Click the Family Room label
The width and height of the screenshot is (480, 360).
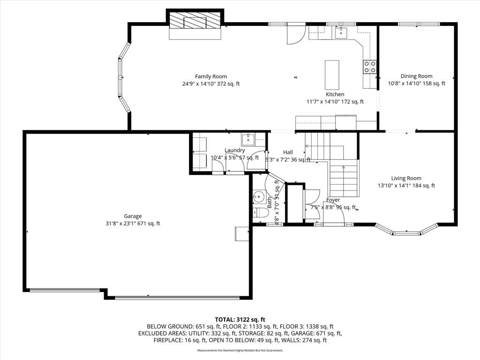pos(211,76)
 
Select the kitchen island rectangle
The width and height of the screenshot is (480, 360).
pos(332,75)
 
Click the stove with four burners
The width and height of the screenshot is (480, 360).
pos(370,67)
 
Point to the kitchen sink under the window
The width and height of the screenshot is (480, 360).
pos(341,32)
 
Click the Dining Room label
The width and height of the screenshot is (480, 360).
pos(416,76)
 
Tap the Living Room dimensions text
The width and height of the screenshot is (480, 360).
pos(406,186)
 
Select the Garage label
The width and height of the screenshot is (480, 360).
pos(133,216)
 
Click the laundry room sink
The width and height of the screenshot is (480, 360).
pos(248,139)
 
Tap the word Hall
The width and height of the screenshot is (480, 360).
pos(288,152)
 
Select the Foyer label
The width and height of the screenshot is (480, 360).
pos(333,200)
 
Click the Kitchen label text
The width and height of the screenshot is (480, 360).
pos(335,94)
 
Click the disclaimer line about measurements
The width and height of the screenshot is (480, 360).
pos(240,350)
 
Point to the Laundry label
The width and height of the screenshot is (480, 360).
pos(234,150)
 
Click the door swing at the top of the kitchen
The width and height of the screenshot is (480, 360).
pos(295,35)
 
